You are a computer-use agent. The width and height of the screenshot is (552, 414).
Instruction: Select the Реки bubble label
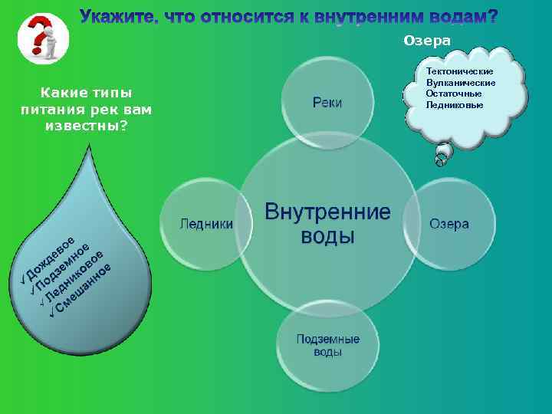[327, 102]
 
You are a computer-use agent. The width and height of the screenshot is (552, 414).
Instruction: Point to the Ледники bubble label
[206, 223]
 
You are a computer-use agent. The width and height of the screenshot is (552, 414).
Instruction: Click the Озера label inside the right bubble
[449, 223]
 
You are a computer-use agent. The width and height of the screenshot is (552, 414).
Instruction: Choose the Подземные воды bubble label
[328, 345]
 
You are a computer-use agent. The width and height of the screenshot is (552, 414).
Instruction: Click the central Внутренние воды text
[327, 222]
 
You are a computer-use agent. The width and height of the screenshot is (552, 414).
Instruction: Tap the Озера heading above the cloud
[427, 40]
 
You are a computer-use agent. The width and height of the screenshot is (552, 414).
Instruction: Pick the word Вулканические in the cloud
[460, 82]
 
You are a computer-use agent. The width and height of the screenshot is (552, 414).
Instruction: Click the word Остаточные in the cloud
[454, 93]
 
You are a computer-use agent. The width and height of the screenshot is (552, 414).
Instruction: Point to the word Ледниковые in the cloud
[455, 103]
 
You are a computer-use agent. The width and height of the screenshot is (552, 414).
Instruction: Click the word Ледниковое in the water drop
[77, 278]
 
